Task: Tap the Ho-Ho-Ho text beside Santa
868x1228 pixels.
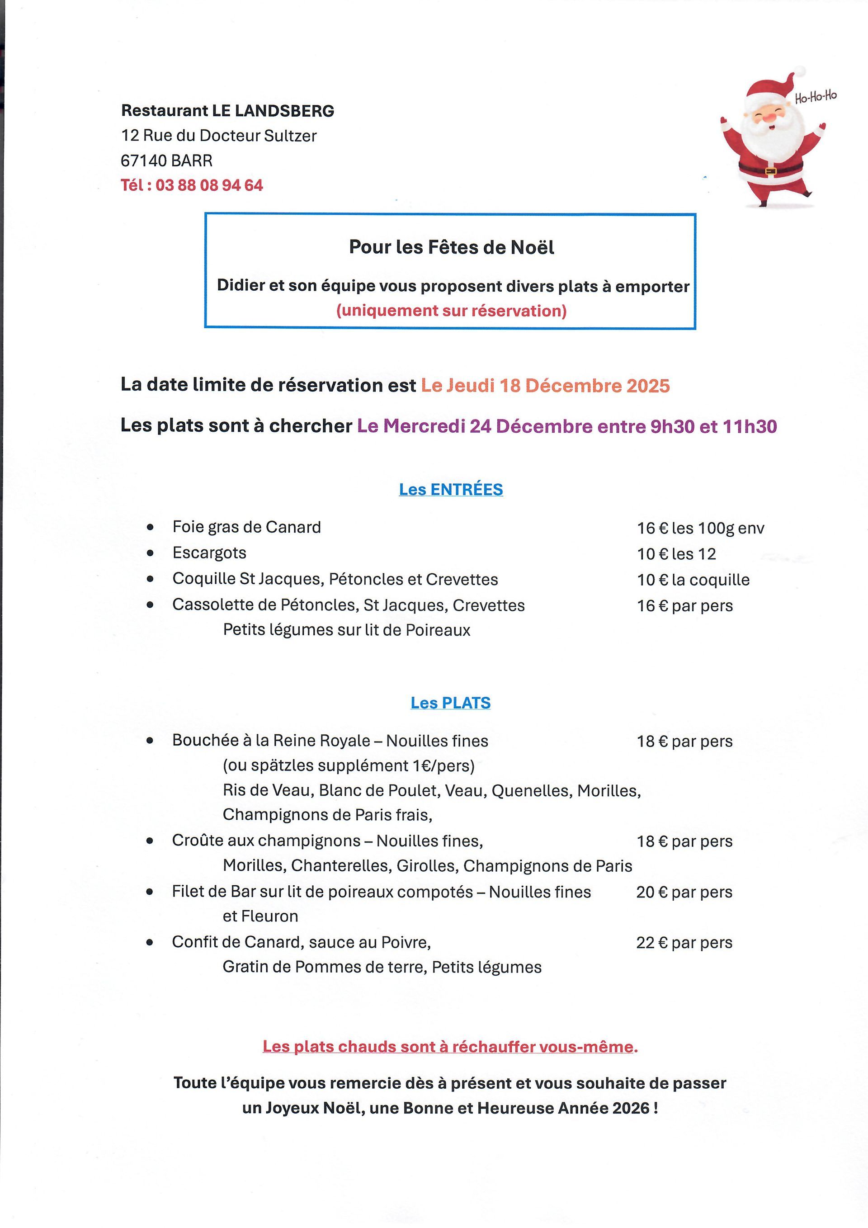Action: click(x=815, y=97)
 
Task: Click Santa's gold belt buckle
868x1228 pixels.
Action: click(x=770, y=171)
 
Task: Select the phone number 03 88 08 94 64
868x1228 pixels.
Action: click(x=209, y=185)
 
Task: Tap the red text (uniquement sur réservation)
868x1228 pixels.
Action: click(x=451, y=311)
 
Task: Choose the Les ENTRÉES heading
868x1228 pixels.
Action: click(x=451, y=489)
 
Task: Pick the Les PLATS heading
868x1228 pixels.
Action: click(x=450, y=703)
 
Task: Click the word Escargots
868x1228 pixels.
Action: click(x=209, y=553)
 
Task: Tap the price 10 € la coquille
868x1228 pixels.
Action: click(x=693, y=580)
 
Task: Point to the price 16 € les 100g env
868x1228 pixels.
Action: click(x=700, y=528)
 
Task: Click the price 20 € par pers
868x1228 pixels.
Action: click(x=684, y=892)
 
